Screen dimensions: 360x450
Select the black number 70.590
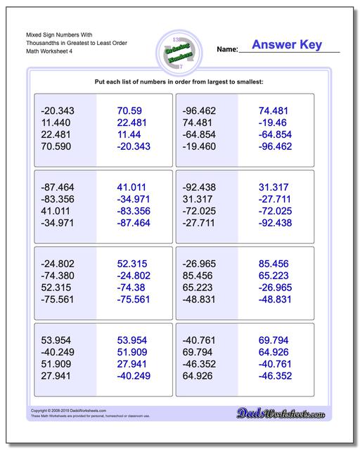(58, 147)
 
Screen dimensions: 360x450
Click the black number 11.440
(58, 123)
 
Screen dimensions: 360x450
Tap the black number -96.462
(200, 111)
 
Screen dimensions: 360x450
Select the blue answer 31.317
(274, 187)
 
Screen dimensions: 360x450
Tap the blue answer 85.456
(274, 263)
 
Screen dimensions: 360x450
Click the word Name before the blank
(226, 50)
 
